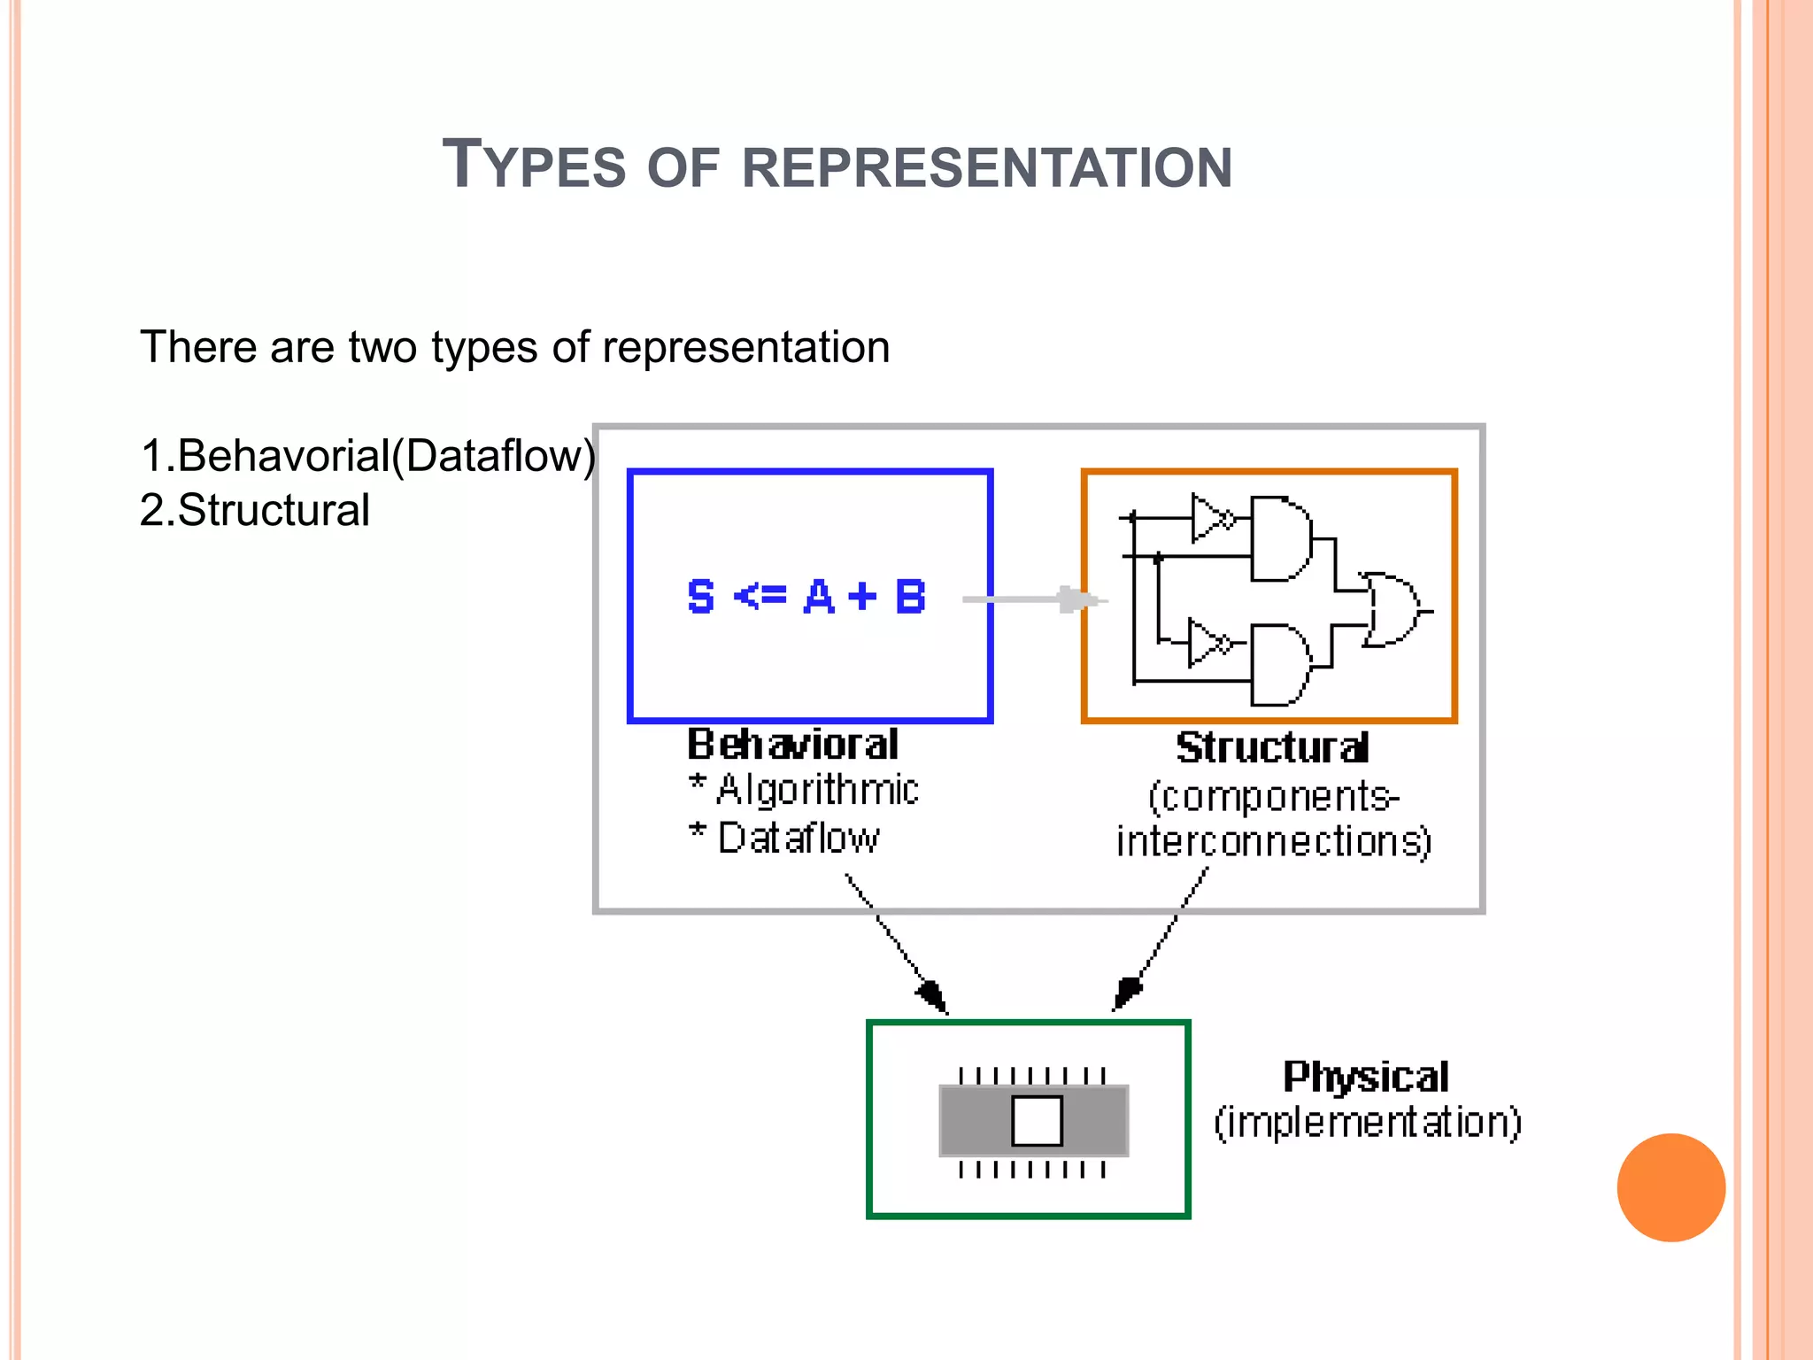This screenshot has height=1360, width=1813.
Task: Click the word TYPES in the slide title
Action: coord(534,166)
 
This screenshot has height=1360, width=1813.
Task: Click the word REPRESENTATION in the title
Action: coord(986,168)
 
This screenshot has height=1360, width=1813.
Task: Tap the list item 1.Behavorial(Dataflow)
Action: coord(367,456)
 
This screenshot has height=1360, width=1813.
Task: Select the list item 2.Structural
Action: coord(255,511)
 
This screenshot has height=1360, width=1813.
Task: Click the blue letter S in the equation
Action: coord(700,597)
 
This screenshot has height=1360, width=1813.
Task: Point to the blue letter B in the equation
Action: coord(910,597)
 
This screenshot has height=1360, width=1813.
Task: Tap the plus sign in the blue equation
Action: coord(862,597)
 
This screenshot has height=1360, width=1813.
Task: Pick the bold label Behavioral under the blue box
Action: coord(792,745)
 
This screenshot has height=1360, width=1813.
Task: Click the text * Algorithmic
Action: coord(805,790)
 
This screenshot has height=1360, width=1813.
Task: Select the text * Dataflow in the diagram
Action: coord(784,838)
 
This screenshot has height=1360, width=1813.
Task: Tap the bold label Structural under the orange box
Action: coord(1272,748)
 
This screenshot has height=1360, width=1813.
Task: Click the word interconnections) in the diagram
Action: coord(1273,842)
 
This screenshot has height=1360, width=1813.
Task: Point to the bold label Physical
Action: coord(1366,1078)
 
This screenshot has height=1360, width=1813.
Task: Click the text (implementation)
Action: coord(1368,1123)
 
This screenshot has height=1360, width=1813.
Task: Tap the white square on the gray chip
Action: coord(1037,1121)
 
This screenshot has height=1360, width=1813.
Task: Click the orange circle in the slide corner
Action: coord(1670,1187)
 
